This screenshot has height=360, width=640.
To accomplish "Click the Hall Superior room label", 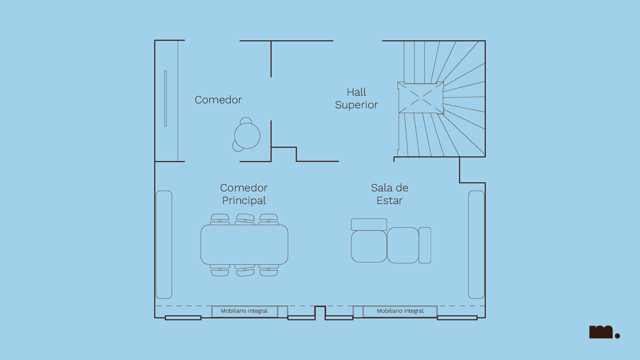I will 356,98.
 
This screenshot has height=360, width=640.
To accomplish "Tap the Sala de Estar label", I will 389,194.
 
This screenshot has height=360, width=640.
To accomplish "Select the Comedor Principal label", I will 244,194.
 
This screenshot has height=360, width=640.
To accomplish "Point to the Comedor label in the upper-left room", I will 218,100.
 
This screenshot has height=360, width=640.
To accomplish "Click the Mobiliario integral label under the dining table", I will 244,311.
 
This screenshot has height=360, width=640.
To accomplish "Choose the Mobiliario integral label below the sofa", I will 400,311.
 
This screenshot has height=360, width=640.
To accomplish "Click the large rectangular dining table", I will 244,245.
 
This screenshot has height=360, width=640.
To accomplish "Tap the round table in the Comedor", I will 247,136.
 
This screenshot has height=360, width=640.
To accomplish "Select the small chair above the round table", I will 246,121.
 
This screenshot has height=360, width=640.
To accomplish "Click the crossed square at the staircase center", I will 421,98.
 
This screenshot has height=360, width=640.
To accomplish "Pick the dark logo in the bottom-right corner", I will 601,332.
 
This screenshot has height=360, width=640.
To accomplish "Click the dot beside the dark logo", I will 617,336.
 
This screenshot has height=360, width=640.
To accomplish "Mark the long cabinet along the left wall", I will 164,244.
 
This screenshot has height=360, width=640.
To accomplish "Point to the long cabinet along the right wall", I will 476,244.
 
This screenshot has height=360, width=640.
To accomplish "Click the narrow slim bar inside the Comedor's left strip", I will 166,98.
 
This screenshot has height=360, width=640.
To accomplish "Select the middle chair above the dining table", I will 245,219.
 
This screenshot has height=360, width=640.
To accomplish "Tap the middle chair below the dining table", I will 245,271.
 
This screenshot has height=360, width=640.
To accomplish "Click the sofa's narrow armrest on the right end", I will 425,245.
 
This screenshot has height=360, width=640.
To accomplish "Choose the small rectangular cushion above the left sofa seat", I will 369,224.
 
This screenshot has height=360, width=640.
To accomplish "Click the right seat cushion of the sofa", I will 403,245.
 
